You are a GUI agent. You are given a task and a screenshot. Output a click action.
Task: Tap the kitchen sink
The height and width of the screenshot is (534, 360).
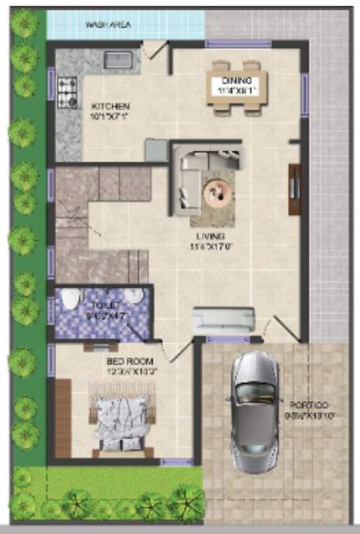(x=118, y=57)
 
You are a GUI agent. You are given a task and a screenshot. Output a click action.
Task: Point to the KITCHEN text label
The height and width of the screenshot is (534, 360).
(x=110, y=106)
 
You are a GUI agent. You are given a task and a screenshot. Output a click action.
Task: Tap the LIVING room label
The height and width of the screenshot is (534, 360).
(x=211, y=235)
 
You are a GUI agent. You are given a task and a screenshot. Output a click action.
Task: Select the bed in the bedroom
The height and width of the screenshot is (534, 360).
(x=120, y=418)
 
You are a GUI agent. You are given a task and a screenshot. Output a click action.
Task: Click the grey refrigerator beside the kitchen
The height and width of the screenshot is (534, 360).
(x=156, y=149)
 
